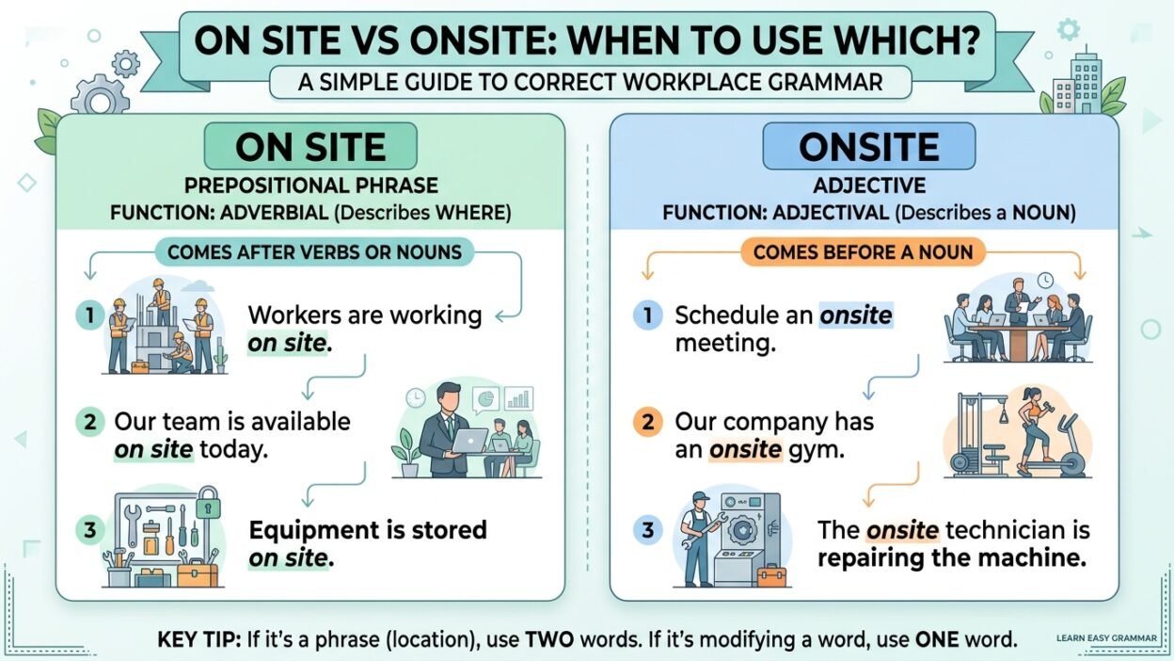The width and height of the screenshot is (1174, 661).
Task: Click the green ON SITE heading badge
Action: point(310,147)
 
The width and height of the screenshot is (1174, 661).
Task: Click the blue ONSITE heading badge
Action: point(868,147)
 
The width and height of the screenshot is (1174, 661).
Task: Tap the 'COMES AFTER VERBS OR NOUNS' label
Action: point(314,251)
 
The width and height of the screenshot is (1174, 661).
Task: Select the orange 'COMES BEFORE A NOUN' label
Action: point(868,251)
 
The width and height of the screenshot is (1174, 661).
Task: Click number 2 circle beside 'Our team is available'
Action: point(89,422)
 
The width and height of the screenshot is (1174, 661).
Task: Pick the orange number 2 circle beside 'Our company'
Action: point(647,422)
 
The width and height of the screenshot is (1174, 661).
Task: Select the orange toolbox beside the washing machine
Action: point(770,575)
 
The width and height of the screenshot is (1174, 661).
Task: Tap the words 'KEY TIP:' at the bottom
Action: point(198,640)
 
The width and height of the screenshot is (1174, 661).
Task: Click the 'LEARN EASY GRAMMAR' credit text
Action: point(1105,638)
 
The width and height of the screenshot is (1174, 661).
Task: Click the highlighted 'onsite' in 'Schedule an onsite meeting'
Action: point(856,315)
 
